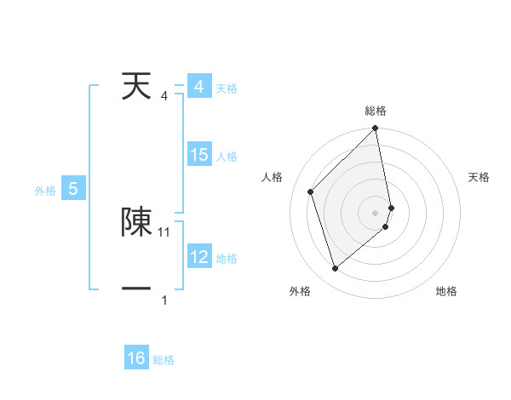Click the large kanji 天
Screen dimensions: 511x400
point(135,86)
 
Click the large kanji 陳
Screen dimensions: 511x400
point(136,221)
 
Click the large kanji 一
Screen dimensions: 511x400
point(136,290)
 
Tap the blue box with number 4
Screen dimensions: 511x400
point(198,87)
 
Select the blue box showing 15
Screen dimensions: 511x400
point(198,155)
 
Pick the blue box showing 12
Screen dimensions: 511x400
point(198,257)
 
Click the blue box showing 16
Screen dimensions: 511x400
point(136,358)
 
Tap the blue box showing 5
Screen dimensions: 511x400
point(73,189)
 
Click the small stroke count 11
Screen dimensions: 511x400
point(164,231)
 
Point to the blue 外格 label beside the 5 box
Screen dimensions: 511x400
point(45,191)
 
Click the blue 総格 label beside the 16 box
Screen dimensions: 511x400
point(164,360)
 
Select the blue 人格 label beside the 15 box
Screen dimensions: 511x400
point(227,157)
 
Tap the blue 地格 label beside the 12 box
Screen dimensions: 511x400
point(227,259)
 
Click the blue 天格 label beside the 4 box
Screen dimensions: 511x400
point(227,89)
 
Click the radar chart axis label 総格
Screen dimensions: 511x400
point(376,111)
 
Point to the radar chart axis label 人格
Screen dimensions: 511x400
point(273,177)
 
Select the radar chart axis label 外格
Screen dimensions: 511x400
point(300,291)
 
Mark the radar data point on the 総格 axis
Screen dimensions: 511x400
point(376,129)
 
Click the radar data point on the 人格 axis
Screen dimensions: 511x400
point(311,191)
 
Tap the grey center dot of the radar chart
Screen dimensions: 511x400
point(375,212)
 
